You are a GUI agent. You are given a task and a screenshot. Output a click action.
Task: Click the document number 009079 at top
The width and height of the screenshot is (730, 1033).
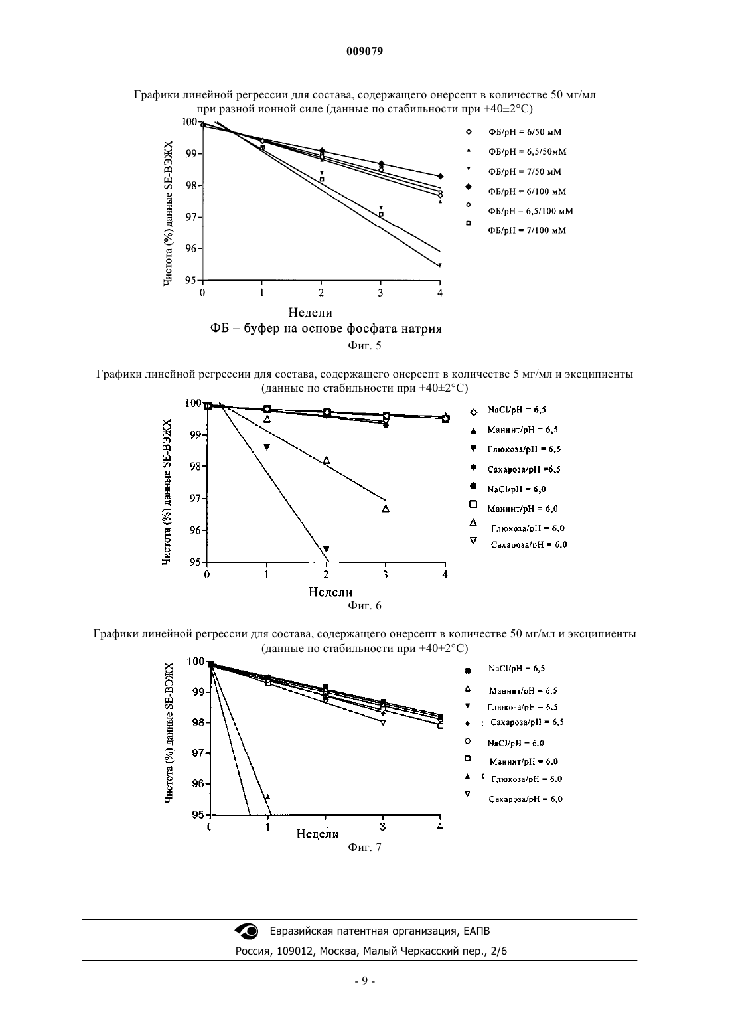click(x=364, y=51)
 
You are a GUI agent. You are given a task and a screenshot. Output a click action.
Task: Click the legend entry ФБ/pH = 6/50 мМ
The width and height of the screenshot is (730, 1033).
click(x=525, y=132)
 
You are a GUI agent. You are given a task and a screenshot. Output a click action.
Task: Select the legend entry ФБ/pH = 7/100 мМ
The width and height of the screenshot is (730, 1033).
click(x=527, y=230)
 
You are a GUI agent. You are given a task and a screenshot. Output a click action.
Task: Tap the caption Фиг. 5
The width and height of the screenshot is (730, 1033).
click(x=364, y=346)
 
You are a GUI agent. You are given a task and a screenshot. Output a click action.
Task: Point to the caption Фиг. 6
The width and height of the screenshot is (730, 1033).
click(x=364, y=606)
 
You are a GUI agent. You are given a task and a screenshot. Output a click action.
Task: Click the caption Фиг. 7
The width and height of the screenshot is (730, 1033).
click(x=364, y=848)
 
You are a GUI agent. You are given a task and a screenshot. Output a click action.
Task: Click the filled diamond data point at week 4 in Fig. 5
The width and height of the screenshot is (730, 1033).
click(x=441, y=176)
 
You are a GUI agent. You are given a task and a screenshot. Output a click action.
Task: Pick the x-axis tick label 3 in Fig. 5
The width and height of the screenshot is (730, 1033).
click(x=381, y=293)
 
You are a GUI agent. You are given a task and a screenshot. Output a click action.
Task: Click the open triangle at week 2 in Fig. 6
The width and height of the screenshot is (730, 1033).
click(x=327, y=460)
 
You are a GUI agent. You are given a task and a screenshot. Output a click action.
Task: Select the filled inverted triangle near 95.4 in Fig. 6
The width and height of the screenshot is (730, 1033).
click(x=327, y=549)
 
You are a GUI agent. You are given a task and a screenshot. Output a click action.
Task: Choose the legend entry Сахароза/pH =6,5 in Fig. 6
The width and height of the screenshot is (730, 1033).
click(x=524, y=469)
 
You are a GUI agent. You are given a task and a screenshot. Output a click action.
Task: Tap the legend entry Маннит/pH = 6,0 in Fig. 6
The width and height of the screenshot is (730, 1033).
click(x=523, y=509)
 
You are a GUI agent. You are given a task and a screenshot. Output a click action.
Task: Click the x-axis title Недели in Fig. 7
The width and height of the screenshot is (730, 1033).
click(x=317, y=834)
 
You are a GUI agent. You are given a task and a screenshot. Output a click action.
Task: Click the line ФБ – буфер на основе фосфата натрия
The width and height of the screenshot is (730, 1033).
click(x=326, y=329)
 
